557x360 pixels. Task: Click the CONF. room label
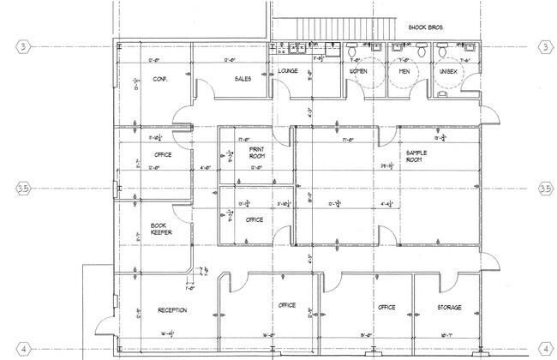[159, 80]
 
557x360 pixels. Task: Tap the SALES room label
[242, 80]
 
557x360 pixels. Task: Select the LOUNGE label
[288, 70]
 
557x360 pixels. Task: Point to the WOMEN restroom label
[358, 71]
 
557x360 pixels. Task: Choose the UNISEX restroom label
[448, 71]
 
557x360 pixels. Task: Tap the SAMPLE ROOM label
[416, 154]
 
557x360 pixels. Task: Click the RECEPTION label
[172, 309]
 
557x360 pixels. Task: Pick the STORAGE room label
[451, 307]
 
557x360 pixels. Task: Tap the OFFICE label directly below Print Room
[255, 219]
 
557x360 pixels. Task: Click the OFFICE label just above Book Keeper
[163, 155]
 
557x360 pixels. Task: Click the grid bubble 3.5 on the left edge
[23, 188]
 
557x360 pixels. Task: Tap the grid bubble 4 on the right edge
[544, 348]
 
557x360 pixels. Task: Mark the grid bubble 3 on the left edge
[23, 46]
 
